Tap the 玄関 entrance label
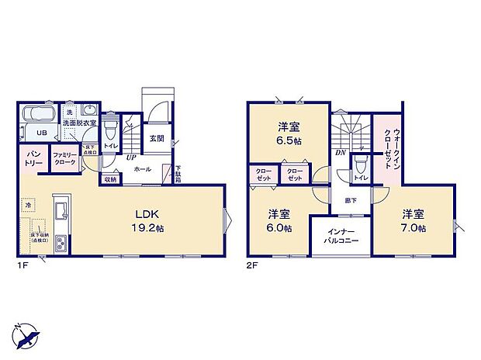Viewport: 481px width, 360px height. pos(156,138)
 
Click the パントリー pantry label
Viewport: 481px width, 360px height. pos(34,160)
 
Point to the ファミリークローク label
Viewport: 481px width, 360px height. pos(64,159)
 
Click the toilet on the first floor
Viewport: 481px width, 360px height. pos(110,125)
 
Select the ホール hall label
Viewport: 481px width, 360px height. pos(142,168)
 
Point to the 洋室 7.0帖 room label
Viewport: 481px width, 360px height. pos(413,220)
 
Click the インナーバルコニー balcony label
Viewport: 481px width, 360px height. pos(340,235)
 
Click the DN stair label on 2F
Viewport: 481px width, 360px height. pos(340,154)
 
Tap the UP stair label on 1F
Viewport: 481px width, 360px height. pos(131,157)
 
